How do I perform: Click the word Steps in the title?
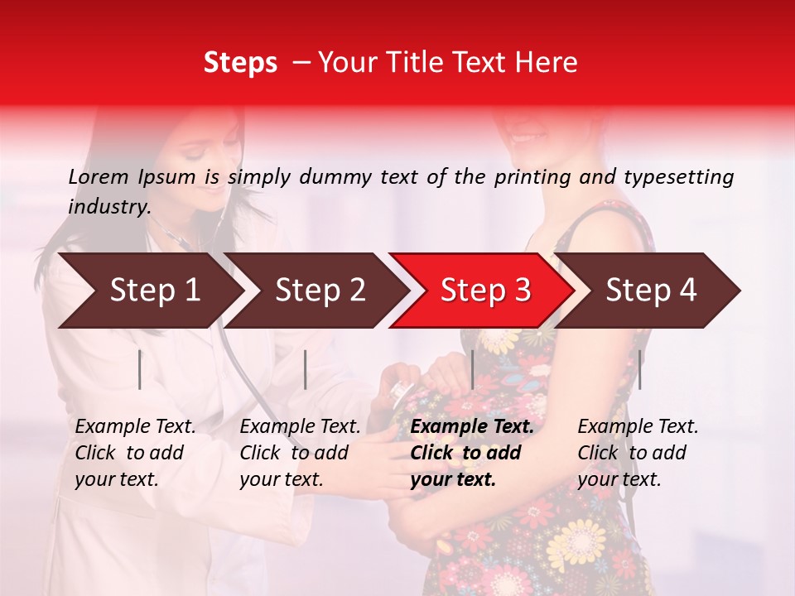[x=240, y=63]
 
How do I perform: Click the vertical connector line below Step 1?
[x=140, y=369]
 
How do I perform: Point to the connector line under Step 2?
[x=306, y=369]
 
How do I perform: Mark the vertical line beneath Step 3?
[x=472, y=369]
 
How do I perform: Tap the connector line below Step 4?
[x=639, y=369]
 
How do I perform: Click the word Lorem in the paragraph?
[x=99, y=176]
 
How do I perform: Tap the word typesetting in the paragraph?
[x=685, y=176]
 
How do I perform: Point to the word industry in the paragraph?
[x=108, y=206]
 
